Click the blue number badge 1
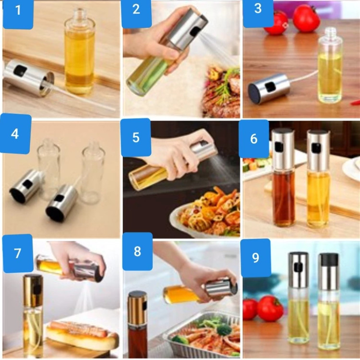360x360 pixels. pyautogui.click(x=18, y=14)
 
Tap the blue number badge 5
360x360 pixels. pyautogui.click(x=136, y=137)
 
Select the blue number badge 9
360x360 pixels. pyautogui.click(x=255, y=258)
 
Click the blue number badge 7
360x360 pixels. pyautogui.click(x=17, y=253)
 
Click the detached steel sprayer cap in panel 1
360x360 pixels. pyautogui.click(x=29, y=78)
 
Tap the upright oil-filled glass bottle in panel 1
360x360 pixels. pyautogui.click(x=79, y=51)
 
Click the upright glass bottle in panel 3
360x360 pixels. pyautogui.click(x=330, y=65)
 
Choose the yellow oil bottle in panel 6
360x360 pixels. pyautogui.click(x=318, y=179)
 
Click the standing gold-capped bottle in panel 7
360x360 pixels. pyautogui.click(x=33, y=316)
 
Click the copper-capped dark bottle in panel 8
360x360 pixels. pyautogui.click(x=137, y=324)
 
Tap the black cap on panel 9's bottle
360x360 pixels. pyautogui.click(x=328, y=259)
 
